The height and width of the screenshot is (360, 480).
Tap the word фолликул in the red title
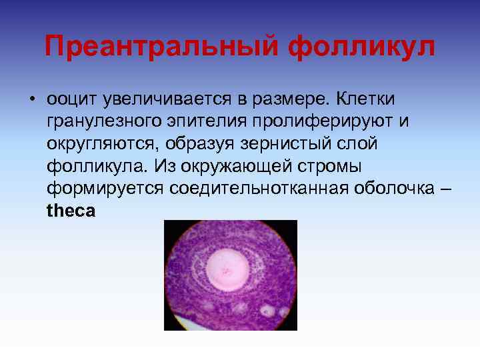tap(362, 47)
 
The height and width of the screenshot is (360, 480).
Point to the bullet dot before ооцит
tap(31, 99)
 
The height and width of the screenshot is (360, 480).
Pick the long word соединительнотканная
tap(258, 189)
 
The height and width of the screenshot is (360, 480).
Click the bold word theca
tap(71, 211)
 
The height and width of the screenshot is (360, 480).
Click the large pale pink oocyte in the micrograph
tap(229, 270)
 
